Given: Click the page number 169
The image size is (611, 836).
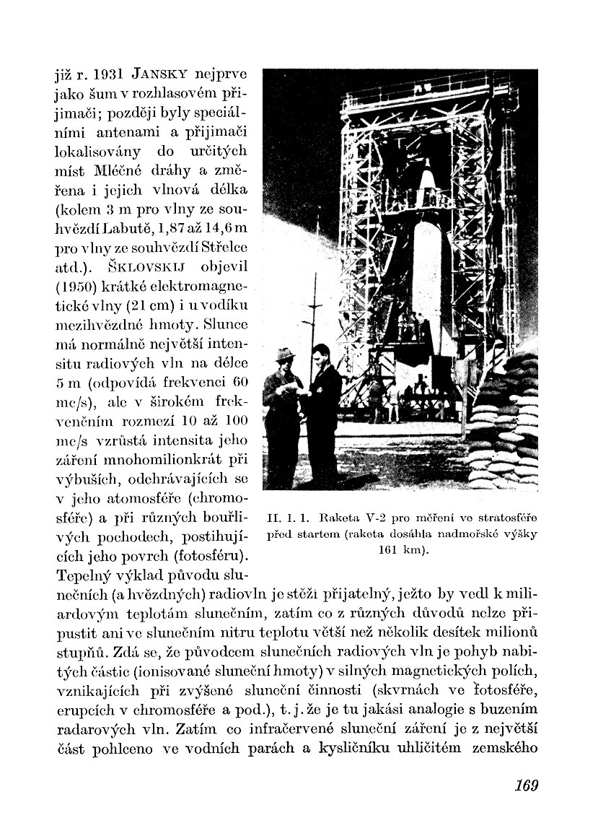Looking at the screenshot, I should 527,785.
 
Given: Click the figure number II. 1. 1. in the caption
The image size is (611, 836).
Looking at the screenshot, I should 286,518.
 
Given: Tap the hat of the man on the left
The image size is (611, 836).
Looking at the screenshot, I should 283,352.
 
